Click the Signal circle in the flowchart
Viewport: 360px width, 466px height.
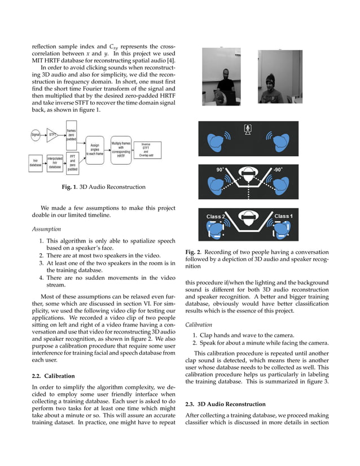pos(36,134)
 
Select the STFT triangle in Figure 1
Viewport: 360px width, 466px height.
pos(52,135)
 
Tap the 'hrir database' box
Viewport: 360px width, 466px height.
pos(35,162)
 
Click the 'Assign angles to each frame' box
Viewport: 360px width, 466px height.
pos(95,149)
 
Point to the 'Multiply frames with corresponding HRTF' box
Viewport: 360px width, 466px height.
pos(121,149)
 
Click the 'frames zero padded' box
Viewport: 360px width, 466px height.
pos(72,134)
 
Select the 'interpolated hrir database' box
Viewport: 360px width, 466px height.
pos(55,162)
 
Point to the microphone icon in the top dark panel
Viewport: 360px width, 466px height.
pos(247,129)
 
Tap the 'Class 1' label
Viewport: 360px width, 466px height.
pos(283,217)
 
